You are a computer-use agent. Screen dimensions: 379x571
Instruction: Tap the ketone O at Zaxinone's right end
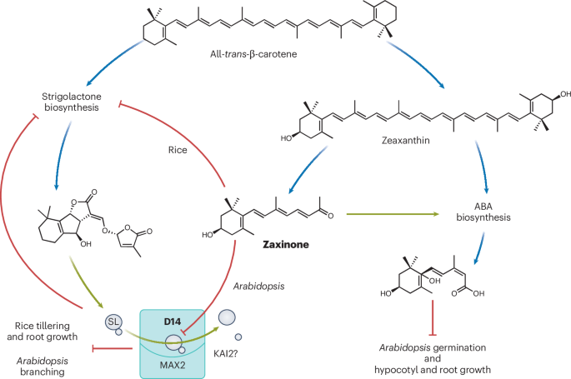[355, 215]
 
